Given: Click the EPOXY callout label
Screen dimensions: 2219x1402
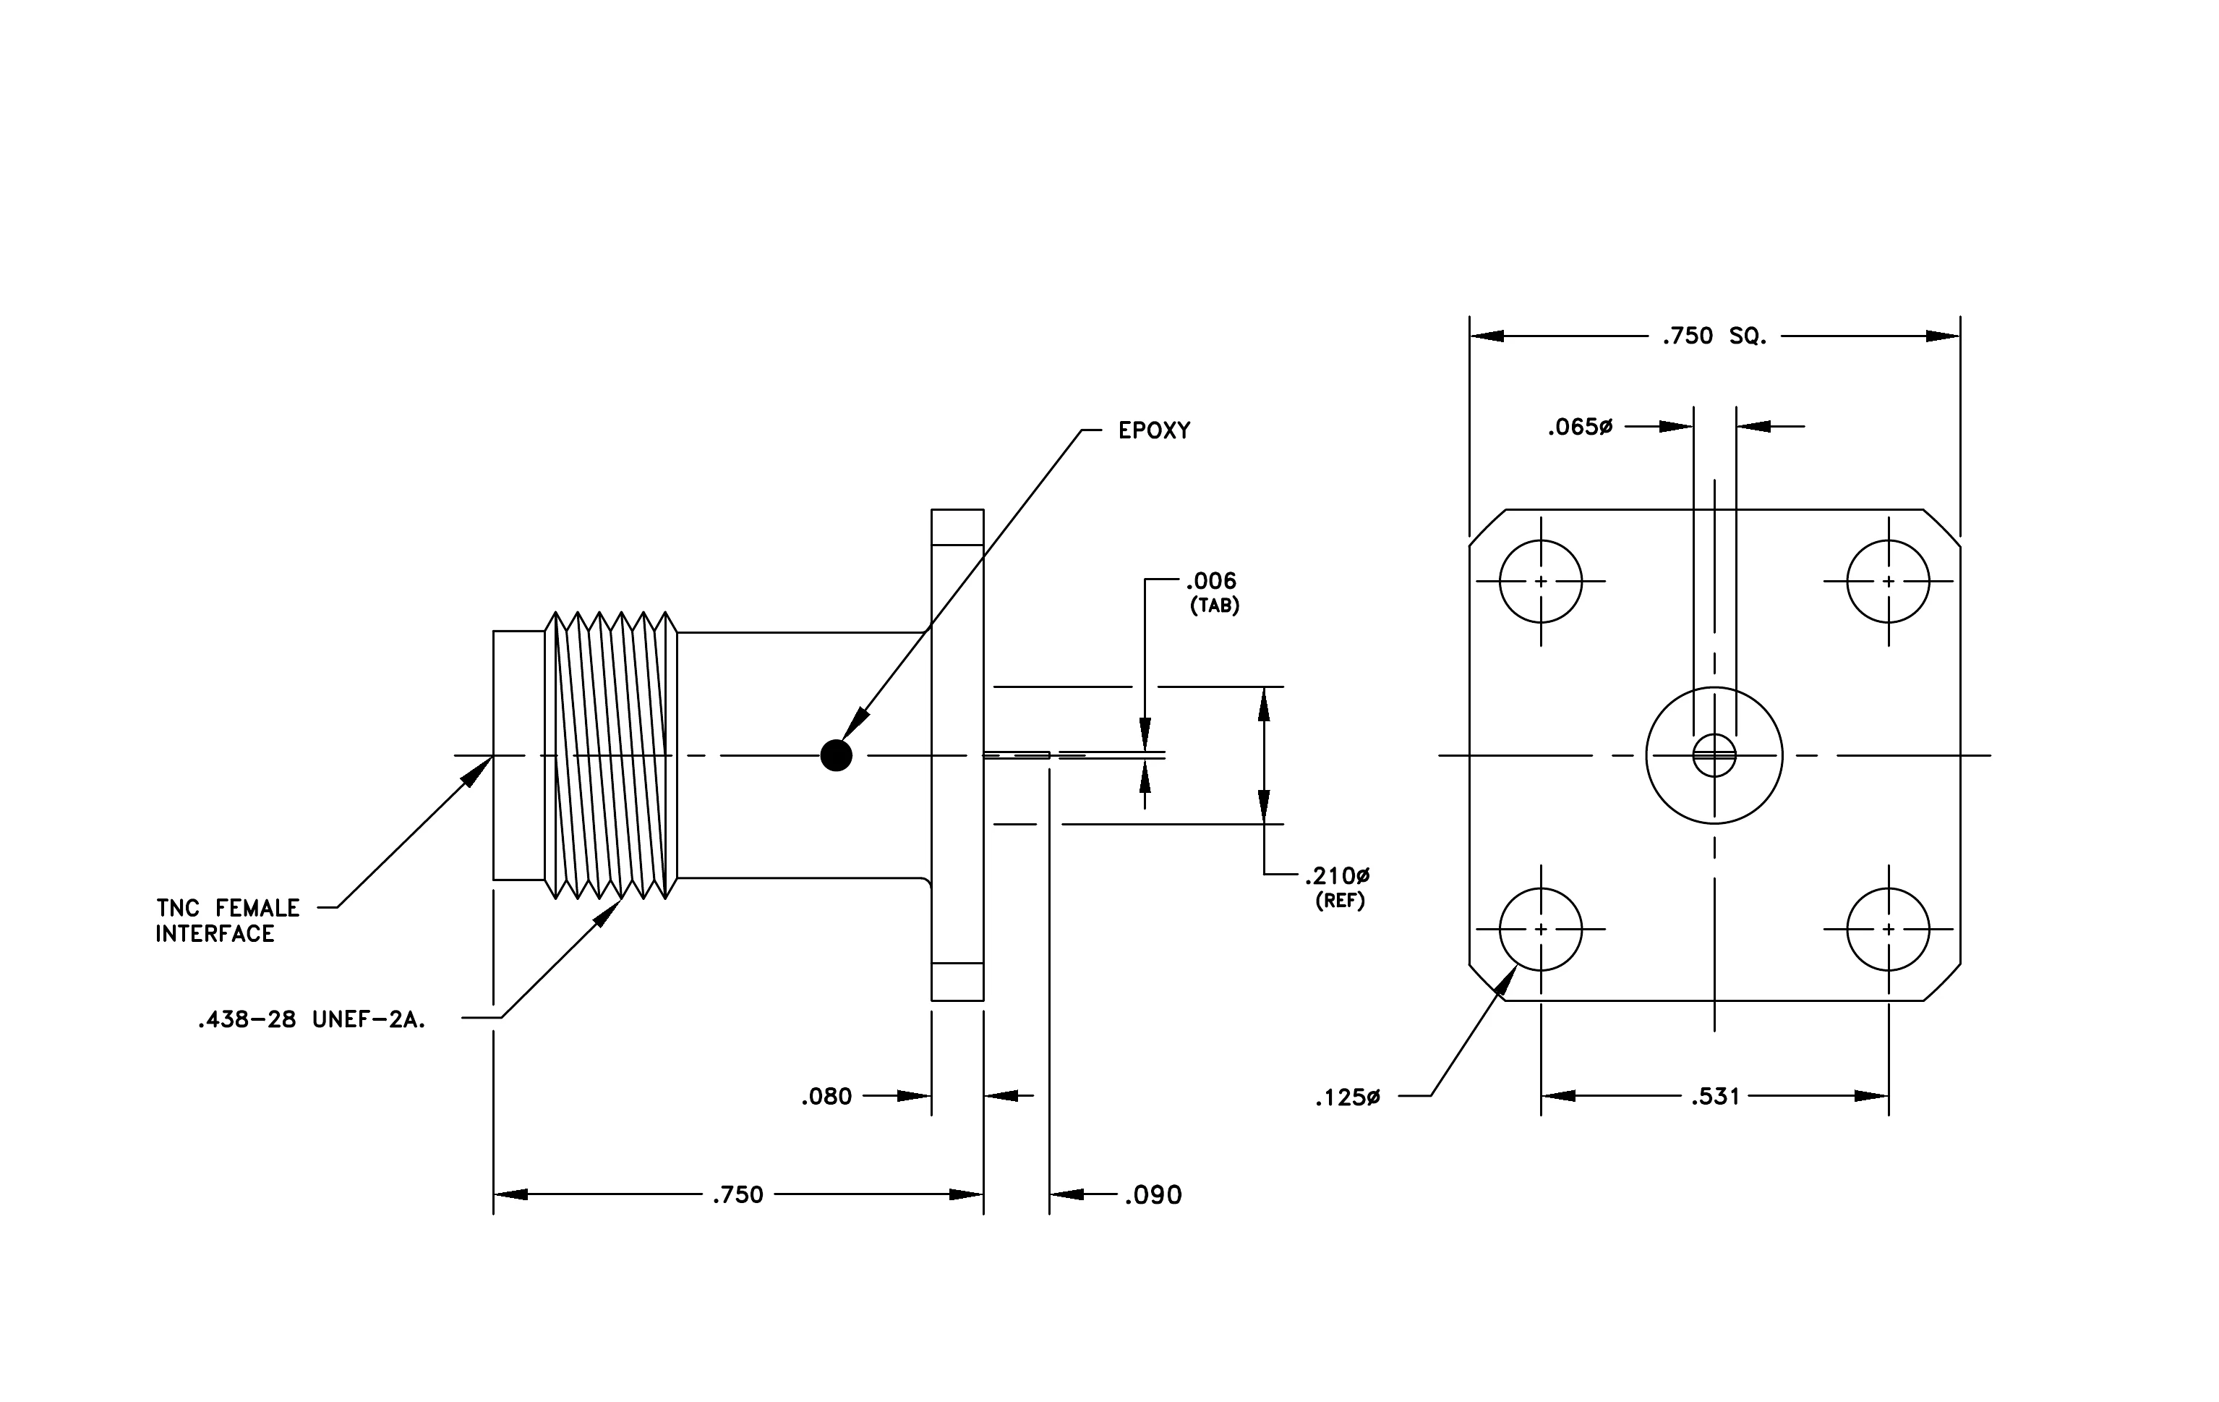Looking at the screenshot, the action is (1154, 430).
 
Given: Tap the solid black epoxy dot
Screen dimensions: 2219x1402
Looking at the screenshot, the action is (836, 756).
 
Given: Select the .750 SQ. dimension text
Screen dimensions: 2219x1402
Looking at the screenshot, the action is (1715, 336).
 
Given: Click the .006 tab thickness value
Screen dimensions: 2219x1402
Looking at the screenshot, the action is (1211, 581).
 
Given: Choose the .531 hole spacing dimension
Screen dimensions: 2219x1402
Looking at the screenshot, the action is (1715, 1096).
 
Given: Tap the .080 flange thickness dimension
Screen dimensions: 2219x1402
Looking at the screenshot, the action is (826, 1096).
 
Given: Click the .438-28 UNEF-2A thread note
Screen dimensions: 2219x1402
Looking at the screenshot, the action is (312, 1020).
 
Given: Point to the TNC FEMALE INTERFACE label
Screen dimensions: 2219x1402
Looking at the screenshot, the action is (228, 921).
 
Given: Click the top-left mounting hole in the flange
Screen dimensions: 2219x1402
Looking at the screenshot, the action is (1541, 581).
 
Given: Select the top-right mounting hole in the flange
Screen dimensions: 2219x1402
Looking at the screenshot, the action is (1888, 581).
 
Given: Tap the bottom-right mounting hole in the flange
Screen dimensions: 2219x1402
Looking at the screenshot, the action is (1888, 929).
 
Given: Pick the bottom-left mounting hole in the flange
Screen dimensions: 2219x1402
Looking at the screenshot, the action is (1541, 929).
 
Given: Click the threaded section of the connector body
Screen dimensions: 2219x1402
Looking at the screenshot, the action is (611, 755).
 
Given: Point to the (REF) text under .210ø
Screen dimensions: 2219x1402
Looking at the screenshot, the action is (1340, 901).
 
